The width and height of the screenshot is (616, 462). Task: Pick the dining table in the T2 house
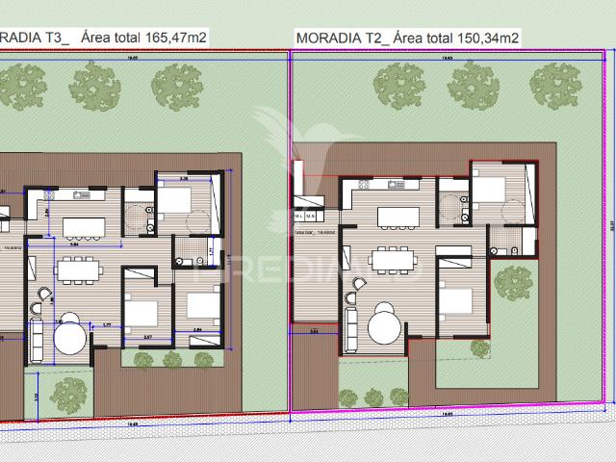tap(391, 259)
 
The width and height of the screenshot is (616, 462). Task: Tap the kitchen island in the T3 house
tap(84, 227)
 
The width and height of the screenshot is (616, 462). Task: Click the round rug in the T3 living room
tap(70, 337)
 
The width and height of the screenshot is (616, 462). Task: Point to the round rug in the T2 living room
tap(386, 323)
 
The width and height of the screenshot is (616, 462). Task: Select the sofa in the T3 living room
tap(37, 338)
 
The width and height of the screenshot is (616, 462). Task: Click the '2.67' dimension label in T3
tap(147, 338)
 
